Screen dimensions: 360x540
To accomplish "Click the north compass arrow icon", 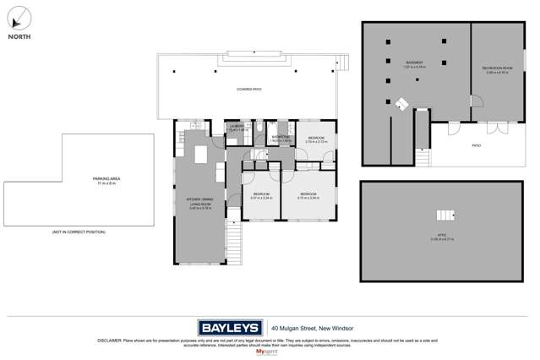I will coord(19,17).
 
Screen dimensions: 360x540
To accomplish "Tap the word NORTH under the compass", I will coord(19,37).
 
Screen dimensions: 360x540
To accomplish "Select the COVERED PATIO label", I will coord(248,89).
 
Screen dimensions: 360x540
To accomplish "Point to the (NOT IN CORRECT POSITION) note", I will coord(79,232).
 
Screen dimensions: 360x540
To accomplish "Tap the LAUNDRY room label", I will coord(237,128).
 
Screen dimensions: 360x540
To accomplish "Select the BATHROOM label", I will coord(281,137).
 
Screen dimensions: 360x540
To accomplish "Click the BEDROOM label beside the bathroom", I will coord(316,139).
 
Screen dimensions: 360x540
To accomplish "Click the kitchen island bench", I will coord(201,155).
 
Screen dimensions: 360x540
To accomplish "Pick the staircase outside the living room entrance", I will coord(233,243).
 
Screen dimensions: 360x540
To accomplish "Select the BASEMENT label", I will coord(414,63).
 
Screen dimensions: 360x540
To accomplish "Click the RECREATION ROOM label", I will coord(497,69).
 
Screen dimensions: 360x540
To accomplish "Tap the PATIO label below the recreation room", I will coord(477,145).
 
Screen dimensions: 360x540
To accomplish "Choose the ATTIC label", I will coord(441,237).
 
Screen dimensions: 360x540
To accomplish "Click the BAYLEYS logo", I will coord(230,328).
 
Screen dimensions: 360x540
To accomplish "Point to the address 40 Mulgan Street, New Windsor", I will coord(312,328).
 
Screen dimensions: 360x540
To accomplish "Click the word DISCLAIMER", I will coord(111,341).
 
